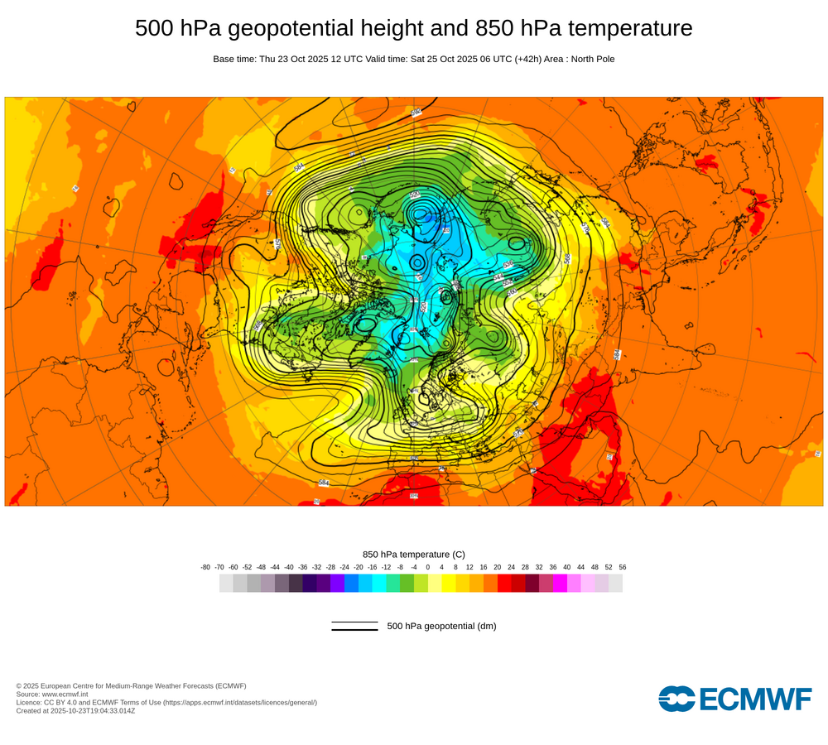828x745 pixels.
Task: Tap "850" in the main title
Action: pyautogui.click(x=495, y=28)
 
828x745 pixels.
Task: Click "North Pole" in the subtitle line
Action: pyautogui.click(x=588, y=59)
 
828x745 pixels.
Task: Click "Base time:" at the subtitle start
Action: pyautogui.click(x=234, y=59)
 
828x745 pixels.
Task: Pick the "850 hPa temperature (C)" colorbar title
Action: pyautogui.click(x=414, y=554)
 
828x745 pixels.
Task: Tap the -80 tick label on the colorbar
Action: pyautogui.click(x=205, y=567)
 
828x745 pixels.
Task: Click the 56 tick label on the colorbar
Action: pyautogui.click(x=623, y=567)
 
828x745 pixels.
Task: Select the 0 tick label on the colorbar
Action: pyautogui.click(x=428, y=567)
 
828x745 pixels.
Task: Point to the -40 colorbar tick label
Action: pyautogui.click(x=289, y=567)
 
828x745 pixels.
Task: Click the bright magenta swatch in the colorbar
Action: pyautogui.click(x=560, y=583)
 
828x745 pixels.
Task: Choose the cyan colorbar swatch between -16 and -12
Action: pyautogui.click(x=379, y=583)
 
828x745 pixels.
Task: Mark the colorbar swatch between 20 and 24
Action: pyautogui.click(x=504, y=583)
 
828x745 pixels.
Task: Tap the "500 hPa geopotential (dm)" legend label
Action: pyautogui.click(x=441, y=626)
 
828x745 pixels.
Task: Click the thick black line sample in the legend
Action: pyautogui.click(x=354, y=630)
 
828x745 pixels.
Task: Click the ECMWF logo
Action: pyautogui.click(x=734, y=699)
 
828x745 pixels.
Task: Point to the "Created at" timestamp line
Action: pyautogui.click(x=75, y=710)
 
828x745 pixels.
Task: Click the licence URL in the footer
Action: pyautogui.click(x=239, y=702)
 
